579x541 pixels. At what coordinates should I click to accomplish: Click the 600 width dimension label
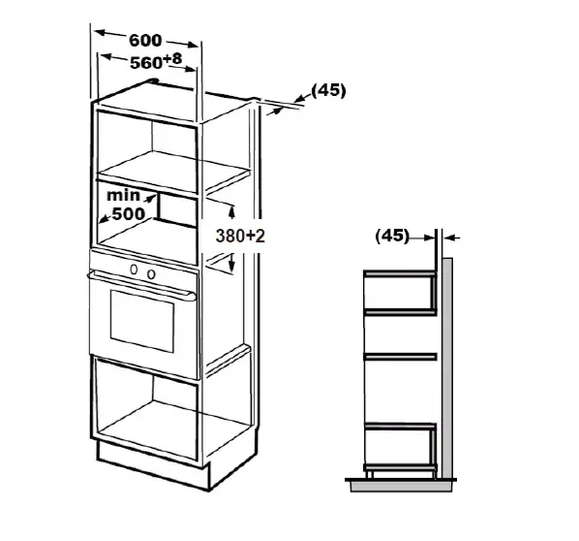[145, 40]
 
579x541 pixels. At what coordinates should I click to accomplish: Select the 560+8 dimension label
[156, 61]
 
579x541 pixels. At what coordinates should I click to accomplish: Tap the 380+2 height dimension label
[240, 236]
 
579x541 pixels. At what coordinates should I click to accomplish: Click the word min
[123, 196]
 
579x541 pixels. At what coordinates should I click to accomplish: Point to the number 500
[129, 213]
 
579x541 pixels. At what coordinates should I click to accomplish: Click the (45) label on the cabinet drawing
[328, 90]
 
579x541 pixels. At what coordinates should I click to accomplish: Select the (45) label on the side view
[392, 236]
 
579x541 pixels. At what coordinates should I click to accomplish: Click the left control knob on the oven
[134, 270]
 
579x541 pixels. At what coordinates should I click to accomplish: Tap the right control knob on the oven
[151, 274]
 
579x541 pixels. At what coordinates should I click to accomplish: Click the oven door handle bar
[142, 284]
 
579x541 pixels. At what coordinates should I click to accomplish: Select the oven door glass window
[142, 321]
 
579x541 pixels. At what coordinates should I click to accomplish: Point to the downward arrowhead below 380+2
[231, 264]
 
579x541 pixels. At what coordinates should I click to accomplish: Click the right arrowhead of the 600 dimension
[193, 46]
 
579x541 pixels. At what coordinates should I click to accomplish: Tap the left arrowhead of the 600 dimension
[101, 33]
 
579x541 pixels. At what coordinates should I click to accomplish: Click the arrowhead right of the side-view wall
[448, 238]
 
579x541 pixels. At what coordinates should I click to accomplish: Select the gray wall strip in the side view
[447, 368]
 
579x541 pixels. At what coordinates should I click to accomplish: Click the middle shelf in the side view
[400, 357]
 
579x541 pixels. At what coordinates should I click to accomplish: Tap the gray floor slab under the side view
[401, 487]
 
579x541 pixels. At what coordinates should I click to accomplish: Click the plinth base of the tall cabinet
[153, 465]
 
